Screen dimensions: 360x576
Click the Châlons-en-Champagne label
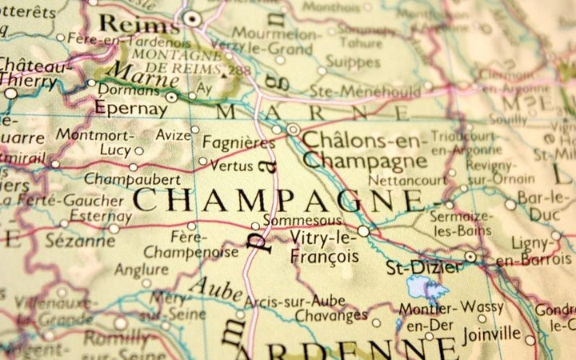pos(364,151)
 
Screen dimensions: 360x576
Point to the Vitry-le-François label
pos(324,246)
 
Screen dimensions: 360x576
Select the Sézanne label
pos(80,239)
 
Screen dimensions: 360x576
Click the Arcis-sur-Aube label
pos(295,301)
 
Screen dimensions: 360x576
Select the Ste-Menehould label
pos(366,91)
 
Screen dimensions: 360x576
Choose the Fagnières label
pos(238,142)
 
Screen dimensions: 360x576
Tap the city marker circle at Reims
pos(191,17)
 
